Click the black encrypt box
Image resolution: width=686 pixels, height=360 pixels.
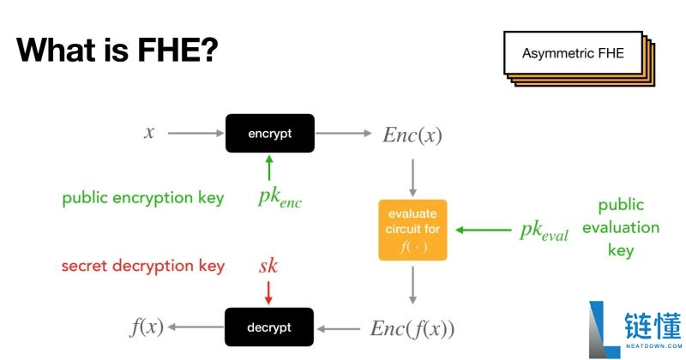click(270, 134)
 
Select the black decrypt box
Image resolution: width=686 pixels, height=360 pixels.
click(269, 327)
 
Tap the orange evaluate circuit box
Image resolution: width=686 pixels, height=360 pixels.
click(412, 230)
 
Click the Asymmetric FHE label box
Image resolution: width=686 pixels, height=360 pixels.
click(573, 53)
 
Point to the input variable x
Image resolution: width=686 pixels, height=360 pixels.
click(149, 132)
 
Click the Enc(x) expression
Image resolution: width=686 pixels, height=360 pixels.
click(412, 135)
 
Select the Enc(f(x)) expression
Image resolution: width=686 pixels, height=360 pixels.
click(412, 329)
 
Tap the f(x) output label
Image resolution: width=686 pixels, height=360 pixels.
click(147, 327)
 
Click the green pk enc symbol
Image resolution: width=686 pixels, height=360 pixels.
click(280, 198)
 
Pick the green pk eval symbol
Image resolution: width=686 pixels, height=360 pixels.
click(544, 231)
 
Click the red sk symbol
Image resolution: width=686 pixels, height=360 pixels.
click(268, 266)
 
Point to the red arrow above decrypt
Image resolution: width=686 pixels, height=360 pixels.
click(268, 292)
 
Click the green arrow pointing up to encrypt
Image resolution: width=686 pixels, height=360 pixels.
click(269, 167)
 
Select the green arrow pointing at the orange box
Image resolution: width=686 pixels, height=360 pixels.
click(483, 230)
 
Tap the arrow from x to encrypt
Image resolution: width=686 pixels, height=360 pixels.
click(196, 133)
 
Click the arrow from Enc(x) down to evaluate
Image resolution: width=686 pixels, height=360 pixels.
click(412, 178)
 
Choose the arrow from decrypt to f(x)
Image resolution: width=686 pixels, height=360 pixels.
click(196, 327)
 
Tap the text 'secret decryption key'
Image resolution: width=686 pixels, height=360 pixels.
click(143, 266)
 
